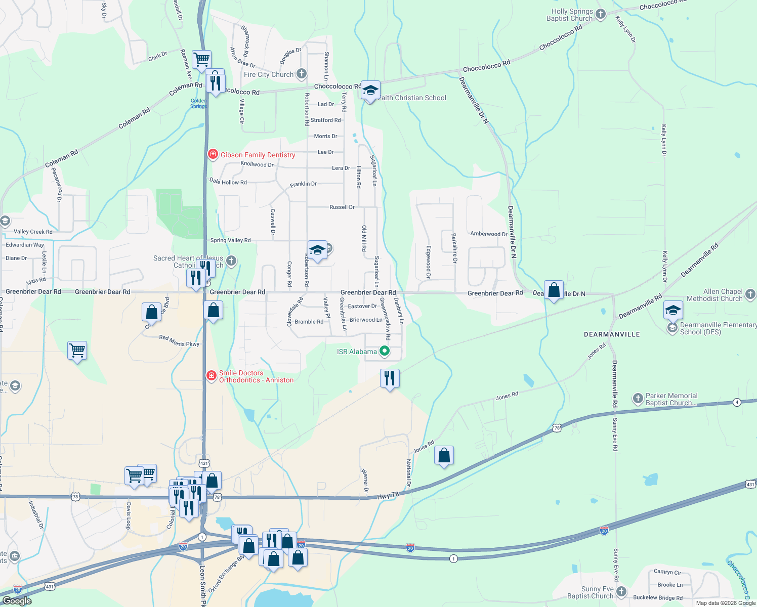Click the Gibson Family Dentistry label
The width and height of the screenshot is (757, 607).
pos(258,155)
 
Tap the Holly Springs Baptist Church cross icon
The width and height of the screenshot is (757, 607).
pos(601,14)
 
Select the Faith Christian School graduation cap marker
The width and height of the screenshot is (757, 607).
pos(370,91)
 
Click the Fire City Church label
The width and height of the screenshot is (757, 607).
pos(269,74)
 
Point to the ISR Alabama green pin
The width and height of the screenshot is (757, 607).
pos(385,351)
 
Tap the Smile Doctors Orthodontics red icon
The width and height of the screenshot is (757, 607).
pos(212,375)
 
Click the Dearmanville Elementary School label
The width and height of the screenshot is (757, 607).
pos(718,328)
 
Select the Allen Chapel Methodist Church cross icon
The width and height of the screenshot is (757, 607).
pos(750,294)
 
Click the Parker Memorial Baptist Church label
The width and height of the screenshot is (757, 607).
pos(671,399)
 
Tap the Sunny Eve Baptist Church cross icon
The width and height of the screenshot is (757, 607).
pos(621,592)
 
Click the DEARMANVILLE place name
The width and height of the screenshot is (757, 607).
pos(612,334)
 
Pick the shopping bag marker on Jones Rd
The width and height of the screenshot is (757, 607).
pos(444,456)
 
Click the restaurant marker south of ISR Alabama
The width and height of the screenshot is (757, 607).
pos(390,378)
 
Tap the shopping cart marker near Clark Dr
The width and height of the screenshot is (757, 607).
pos(201,60)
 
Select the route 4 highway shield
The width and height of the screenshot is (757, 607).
pos(737,402)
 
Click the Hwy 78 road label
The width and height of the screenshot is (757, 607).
pos(388,497)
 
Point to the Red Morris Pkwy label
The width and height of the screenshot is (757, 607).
pos(179,340)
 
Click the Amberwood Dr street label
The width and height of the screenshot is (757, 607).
pos(489,234)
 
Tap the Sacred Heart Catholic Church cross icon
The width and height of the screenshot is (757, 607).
pos(231,261)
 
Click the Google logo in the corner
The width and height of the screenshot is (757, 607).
pos(17,600)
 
